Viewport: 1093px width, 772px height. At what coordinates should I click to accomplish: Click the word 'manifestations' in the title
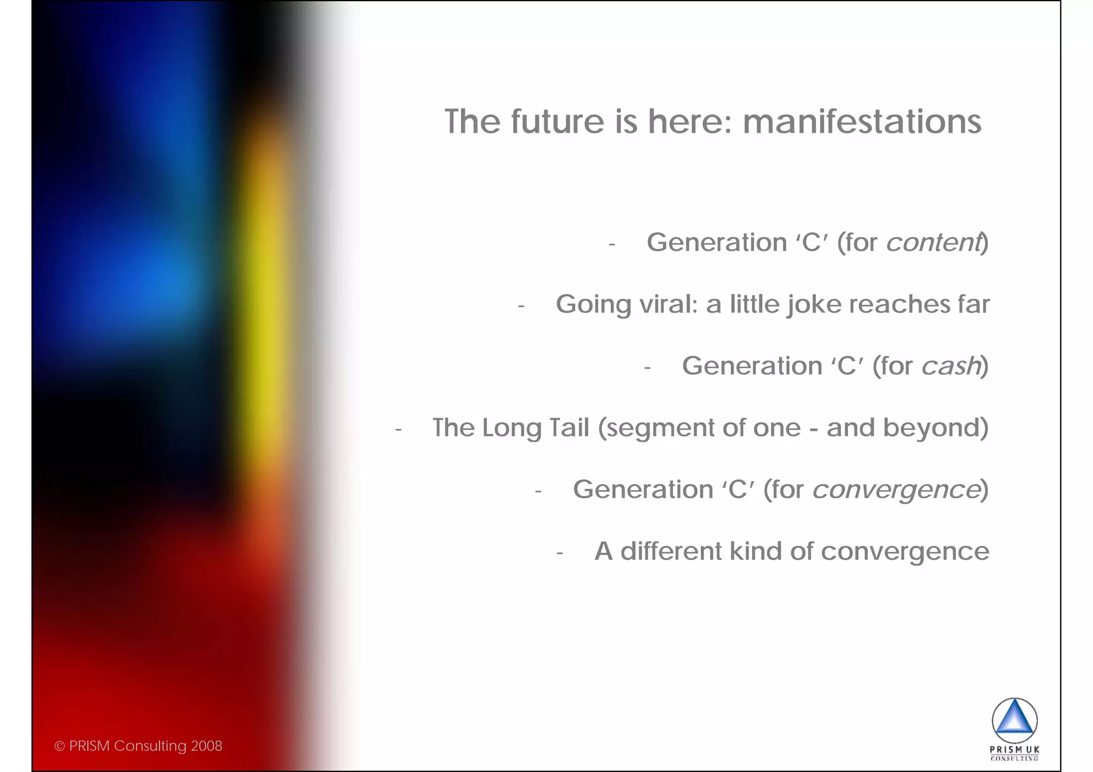(862, 122)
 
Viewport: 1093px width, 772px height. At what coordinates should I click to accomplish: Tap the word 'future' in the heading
(558, 122)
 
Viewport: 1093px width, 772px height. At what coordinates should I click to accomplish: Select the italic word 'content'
(933, 243)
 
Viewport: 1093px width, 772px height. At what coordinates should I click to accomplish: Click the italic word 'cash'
(951, 367)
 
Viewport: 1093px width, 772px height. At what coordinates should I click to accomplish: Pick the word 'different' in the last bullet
(671, 551)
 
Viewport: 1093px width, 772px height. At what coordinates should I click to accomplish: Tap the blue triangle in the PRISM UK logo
(1015, 720)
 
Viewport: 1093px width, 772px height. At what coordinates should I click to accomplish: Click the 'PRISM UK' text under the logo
(1015, 750)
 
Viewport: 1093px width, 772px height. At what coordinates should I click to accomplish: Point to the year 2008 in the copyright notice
(207, 746)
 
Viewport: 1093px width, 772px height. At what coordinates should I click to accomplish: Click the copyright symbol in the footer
(59, 746)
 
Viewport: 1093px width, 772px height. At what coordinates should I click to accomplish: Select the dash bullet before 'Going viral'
(521, 307)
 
